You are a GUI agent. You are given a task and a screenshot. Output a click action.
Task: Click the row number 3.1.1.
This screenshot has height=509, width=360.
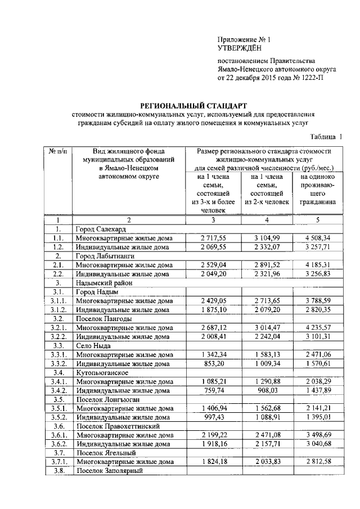coord(58,301)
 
